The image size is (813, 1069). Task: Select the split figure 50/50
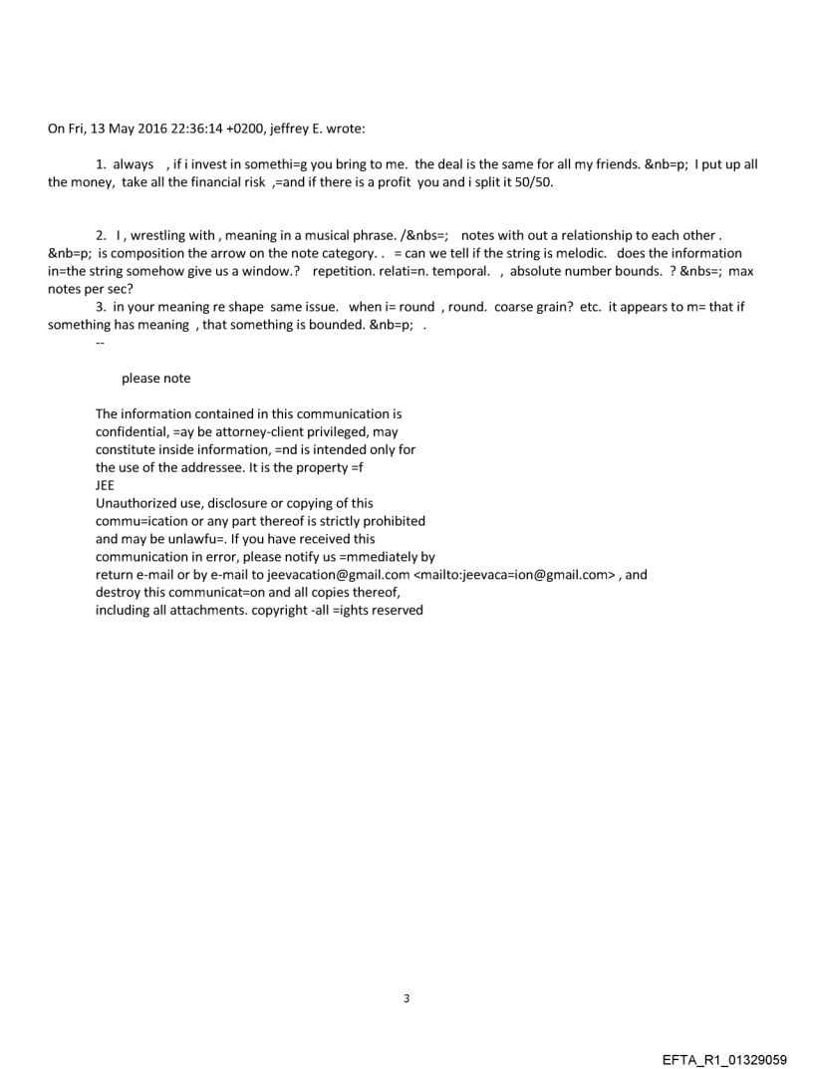pos(534,183)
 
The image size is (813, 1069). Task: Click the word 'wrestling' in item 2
pos(163,235)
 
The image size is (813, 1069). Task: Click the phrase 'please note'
pos(155,379)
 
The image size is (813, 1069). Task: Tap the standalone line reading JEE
pos(105,485)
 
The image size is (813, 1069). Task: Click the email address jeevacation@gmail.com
pos(339,575)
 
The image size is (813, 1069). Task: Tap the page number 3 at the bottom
pos(406,998)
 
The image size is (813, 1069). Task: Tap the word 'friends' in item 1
pos(609,163)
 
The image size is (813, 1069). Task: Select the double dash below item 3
pos(100,343)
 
